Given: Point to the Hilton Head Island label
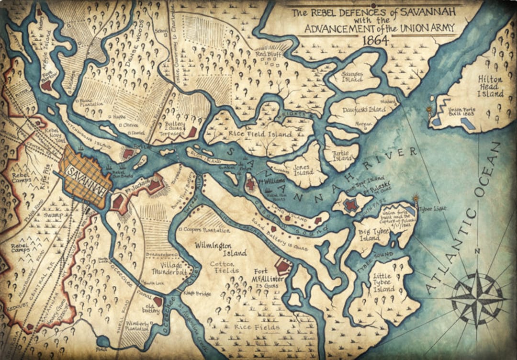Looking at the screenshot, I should (x=490, y=86).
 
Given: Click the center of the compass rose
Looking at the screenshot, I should (x=477, y=298).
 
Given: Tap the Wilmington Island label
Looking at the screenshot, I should (x=221, y=249).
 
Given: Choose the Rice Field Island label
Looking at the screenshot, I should (x=261, y=135).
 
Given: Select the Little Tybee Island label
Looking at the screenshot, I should (x=383, y=282).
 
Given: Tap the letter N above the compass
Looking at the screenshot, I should (x=477, y=251).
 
